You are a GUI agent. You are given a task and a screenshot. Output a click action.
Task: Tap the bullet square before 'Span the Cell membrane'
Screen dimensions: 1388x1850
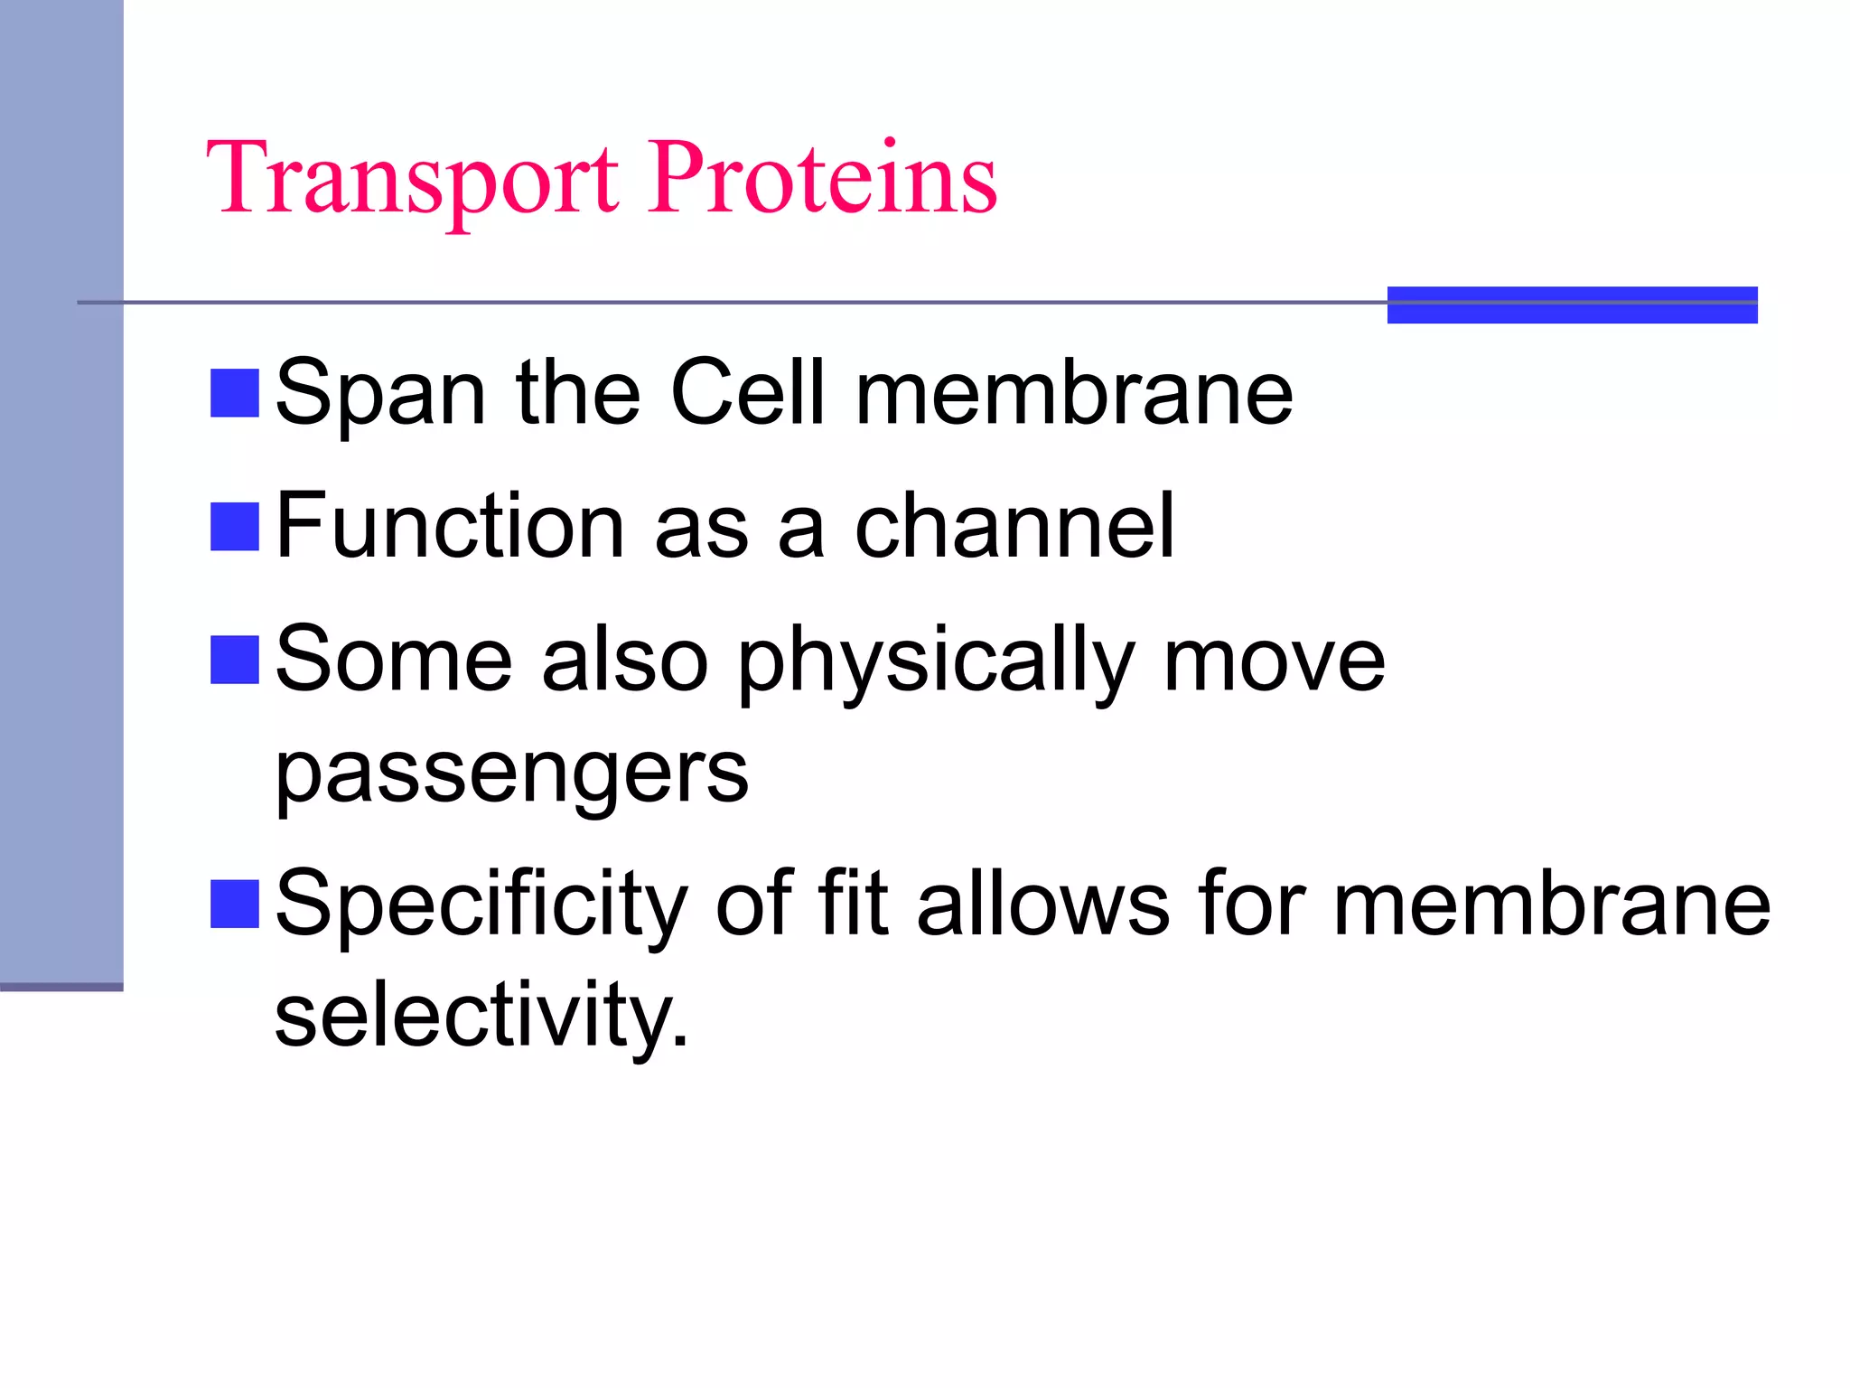coord(235,392)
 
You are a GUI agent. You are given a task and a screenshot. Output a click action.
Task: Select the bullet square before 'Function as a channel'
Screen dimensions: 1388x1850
coord(235,526)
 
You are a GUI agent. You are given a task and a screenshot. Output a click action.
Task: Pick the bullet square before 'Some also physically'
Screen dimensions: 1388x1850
coord(235,660)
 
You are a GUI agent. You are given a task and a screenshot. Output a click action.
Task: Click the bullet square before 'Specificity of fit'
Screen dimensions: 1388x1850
coord(235,904)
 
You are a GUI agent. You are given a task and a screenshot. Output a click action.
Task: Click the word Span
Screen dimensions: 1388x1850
coord(380,394)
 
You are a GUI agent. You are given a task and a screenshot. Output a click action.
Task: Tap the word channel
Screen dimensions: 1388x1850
coord(1014,526)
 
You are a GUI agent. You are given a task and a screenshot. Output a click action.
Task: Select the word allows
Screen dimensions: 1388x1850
coord(1043,904)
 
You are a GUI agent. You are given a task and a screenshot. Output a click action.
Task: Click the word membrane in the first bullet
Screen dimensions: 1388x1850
coord(1074,392)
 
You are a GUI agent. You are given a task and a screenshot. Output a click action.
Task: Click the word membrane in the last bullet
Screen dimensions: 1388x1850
coord(1551,904)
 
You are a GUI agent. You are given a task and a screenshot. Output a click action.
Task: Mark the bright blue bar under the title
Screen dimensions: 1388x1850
coord(1572,305)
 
